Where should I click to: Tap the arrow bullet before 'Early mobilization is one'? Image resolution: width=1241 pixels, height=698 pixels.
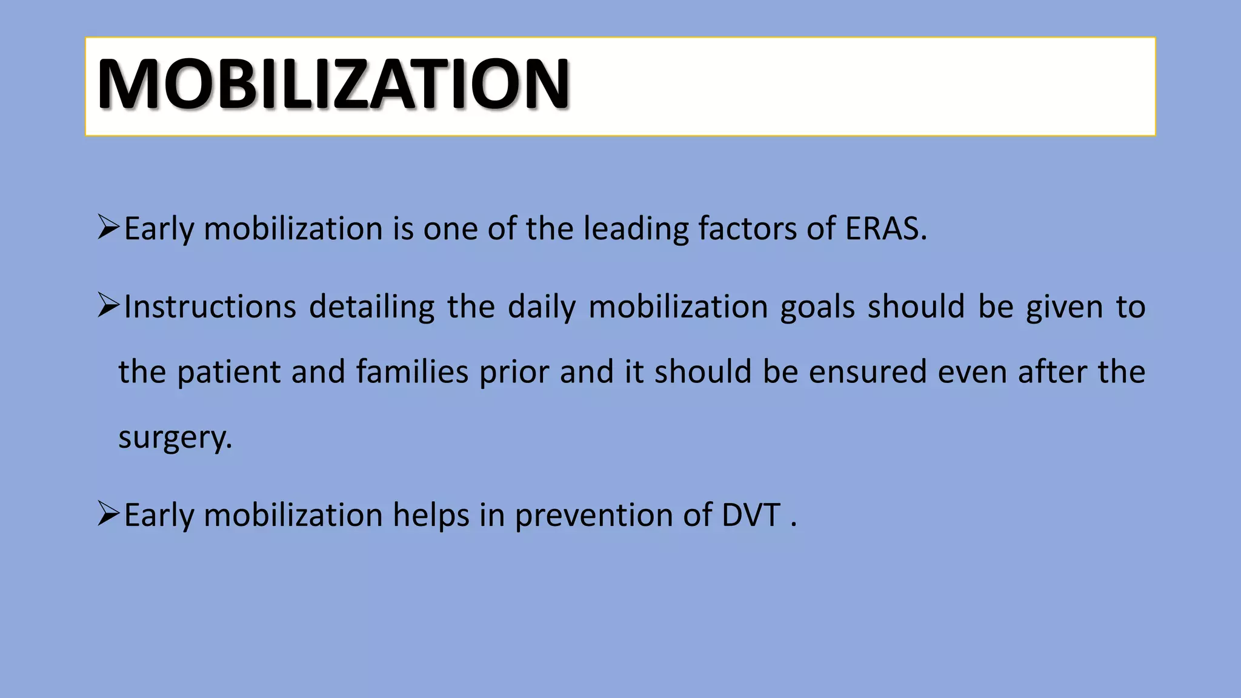[x=108, y=228]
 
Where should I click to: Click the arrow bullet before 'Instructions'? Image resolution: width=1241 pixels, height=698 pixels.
[x=108, y=305]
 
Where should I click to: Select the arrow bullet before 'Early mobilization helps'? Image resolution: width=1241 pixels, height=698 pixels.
[x=108, y=514]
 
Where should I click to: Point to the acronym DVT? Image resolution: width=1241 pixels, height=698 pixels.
[x=751, y=515]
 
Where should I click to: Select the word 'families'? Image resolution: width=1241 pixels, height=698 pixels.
[x=412, y=371]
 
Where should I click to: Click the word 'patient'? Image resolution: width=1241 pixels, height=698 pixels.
[x=229, y=373]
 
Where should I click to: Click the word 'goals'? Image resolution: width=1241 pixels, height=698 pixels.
[x=817, y=307]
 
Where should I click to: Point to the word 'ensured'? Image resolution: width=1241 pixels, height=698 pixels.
[x=868, y=371]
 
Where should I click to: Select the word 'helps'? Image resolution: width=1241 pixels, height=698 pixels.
[x=431, y=516]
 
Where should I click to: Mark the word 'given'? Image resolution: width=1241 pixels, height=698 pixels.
[x=1064, y=307]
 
